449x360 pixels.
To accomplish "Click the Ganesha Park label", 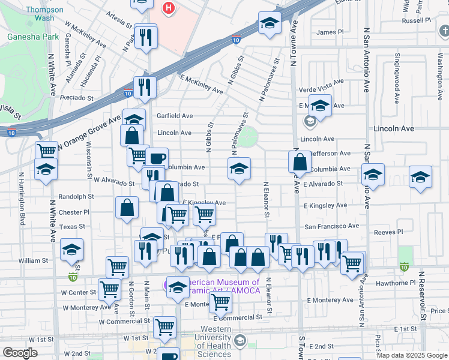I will (x=34, y=37).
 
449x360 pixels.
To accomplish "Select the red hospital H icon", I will (x=169, y=8).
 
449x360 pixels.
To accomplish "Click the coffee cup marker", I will (x=157, y=159).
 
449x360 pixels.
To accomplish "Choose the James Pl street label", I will (x=330, y=32).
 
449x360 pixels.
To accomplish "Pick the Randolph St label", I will (x=76, y=196).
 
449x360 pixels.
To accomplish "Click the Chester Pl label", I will (x=74, y=212).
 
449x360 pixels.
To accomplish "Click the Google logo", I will (x=20, y=353).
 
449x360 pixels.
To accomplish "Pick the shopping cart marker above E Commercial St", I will (x=220, y=304).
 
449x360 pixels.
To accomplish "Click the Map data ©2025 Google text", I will (x=412, y=355).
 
